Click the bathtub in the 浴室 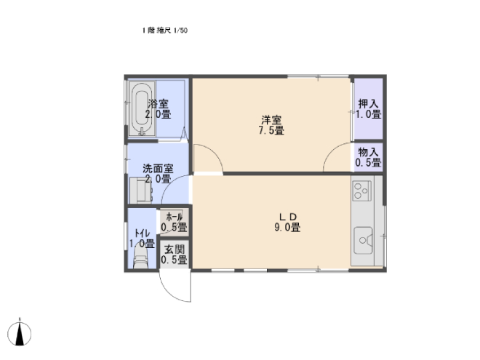(142, 109)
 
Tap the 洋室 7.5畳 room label (271, 125)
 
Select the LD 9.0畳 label (287, 223)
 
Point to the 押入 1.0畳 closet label (368, 108)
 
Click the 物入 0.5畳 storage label (368, 157)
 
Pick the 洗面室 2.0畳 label (158, 174)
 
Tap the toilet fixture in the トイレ (141, 258)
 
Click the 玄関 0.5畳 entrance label (175, 255)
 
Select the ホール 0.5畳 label (175, 223)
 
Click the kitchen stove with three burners (362, 191)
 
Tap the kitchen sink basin (363, 240)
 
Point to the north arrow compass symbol (20, 333)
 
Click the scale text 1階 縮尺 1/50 (164, 31)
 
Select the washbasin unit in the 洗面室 (141, 191)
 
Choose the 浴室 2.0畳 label (158, 109)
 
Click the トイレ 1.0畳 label (141, 239)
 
